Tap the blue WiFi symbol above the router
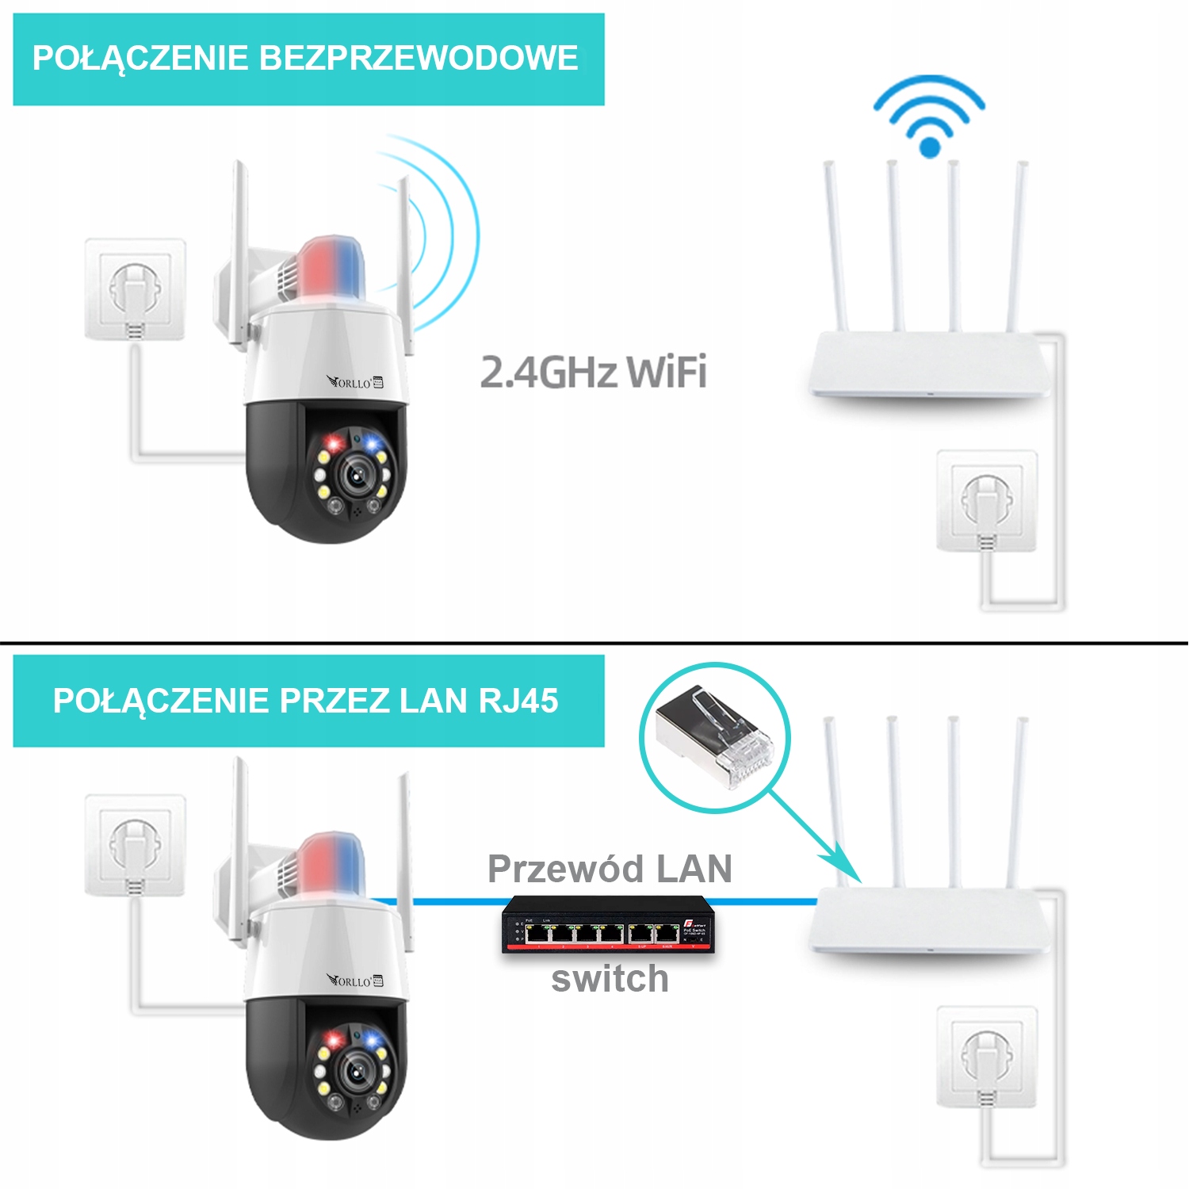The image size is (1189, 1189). tap(929, 115)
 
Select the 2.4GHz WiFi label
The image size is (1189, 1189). tap(593, 372)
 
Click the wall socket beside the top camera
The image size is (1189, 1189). tap(136, 289)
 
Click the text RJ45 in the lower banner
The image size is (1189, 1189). tap(518, 701)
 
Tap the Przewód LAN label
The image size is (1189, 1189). tap(610, 869)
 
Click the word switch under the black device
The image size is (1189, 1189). tap(610, 979)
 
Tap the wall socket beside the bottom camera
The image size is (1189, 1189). tap(136, 845)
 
